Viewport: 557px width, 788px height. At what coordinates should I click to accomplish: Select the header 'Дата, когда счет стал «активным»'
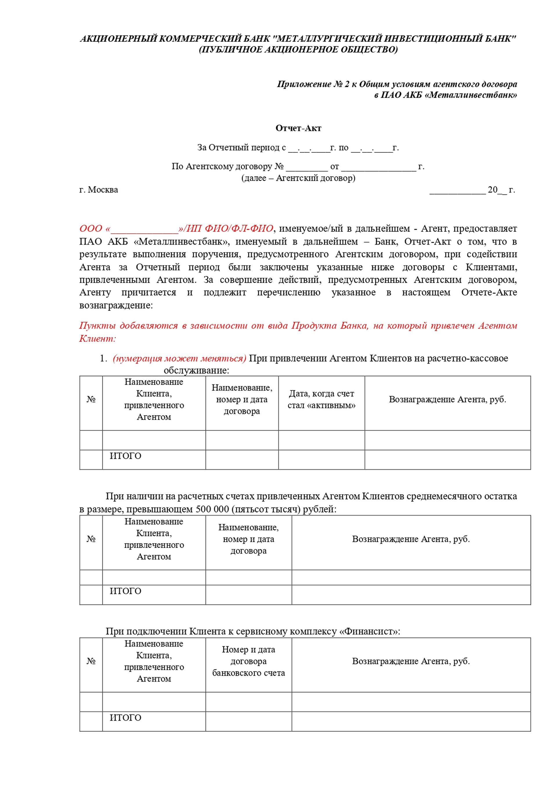click(321, 399)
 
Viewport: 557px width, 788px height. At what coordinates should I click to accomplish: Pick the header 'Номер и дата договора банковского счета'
click(248, 661)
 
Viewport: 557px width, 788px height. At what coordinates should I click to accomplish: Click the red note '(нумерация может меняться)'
click(179, 358)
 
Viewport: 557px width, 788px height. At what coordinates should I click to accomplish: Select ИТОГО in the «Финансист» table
click(125, 718)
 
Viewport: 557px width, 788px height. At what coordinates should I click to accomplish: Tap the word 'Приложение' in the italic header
click(304, 84)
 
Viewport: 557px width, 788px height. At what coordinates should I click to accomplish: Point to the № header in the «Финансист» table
click(91, 661)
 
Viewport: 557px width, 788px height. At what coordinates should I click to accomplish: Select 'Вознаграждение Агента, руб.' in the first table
click(447, 399)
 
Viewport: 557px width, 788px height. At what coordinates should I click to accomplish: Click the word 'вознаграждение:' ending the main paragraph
click(116, 305)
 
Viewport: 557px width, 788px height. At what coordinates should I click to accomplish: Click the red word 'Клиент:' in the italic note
click(97, 339)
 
